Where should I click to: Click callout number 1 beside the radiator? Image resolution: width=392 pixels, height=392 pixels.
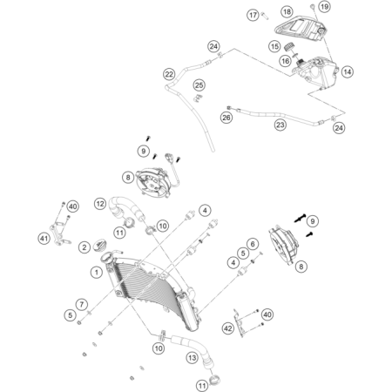click(97, 273)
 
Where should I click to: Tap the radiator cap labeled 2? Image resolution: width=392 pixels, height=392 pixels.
click(100, 245)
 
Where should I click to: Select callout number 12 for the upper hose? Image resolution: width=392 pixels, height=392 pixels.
click(100, 204)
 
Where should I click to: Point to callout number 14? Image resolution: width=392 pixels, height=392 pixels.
click(348, 71)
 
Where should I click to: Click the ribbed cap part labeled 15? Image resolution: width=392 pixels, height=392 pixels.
click(289, 47)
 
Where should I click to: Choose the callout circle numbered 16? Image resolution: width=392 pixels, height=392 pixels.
click(285, 61)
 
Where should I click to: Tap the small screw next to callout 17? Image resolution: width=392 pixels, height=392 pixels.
click(264, 15)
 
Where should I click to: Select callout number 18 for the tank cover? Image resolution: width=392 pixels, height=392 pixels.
click(287, 11)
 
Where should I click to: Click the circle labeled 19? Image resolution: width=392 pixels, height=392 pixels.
click(324, 6)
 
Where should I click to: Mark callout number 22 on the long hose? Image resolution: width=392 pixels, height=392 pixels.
click(169, 74)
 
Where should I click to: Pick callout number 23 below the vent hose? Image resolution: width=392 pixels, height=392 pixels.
click(280, 125)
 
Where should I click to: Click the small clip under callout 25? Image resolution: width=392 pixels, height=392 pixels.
click(198, 98)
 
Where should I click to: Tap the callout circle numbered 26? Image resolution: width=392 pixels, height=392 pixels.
click(226, 118)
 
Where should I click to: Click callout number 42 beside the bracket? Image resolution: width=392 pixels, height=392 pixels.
click(228, 328)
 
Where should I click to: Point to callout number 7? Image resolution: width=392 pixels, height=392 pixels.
click(81, 305)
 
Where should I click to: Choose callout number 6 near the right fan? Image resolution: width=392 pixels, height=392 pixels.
click(253, 244)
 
